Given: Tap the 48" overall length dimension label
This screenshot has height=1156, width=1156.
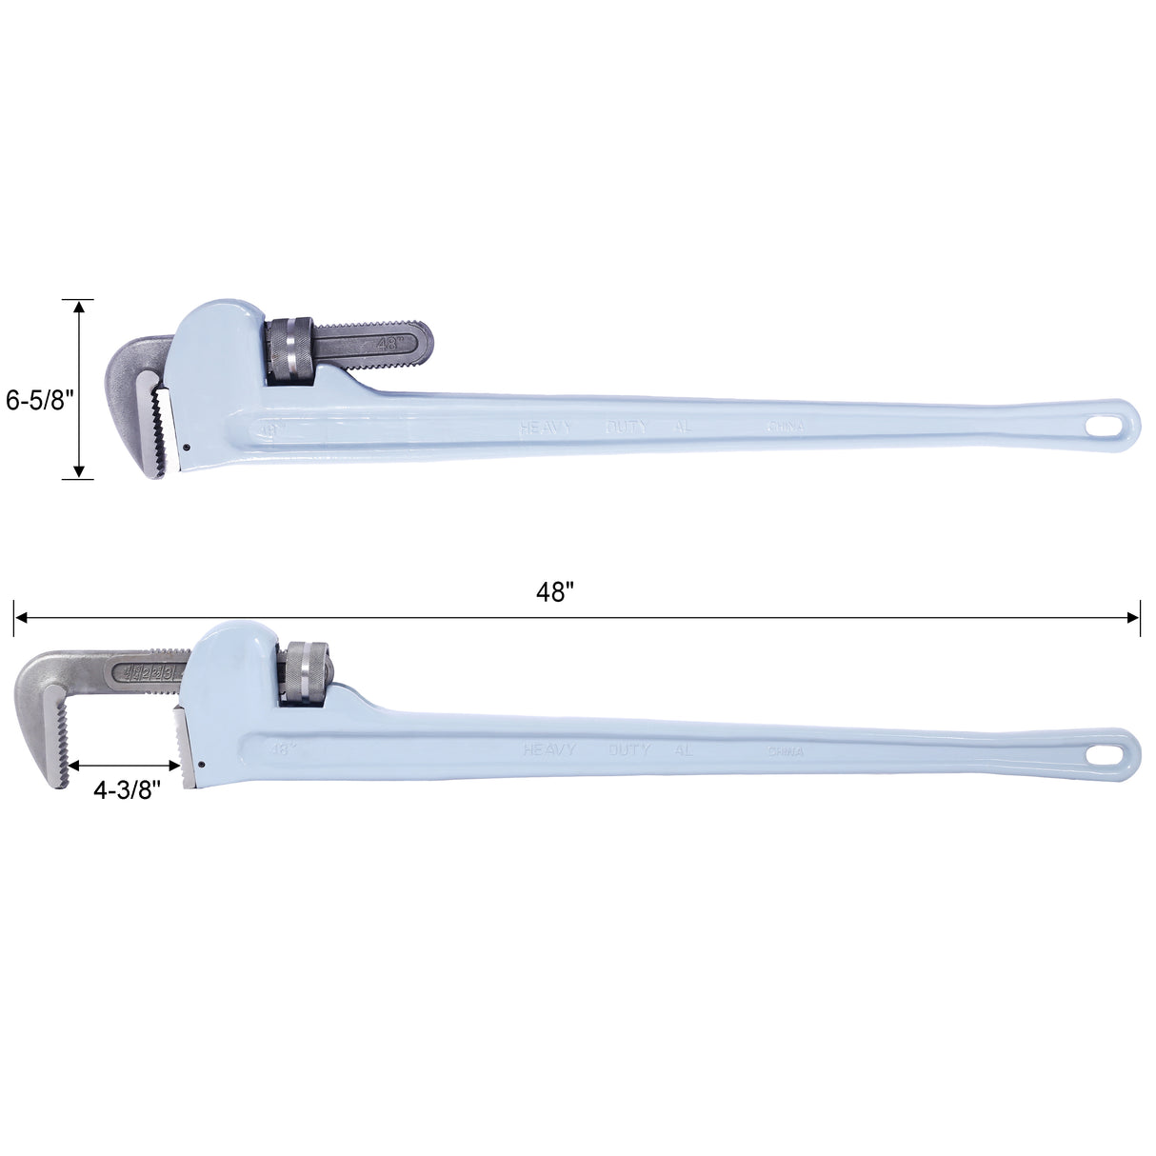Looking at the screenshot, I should [x=555, y=592].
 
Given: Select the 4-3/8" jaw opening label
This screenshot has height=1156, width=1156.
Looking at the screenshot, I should [x=127, y=789].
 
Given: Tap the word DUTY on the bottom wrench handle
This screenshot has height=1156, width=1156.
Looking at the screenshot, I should [x=629, y=750].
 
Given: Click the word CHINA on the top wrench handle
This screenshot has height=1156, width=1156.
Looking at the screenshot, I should [x=786, y=427].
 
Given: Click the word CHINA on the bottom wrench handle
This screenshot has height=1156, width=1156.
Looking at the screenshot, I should [x=786, y=751].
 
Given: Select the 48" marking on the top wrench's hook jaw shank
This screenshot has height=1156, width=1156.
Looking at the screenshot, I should [x=390, y=343].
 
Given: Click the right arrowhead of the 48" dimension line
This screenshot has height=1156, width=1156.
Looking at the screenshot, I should [x=1134, y=617].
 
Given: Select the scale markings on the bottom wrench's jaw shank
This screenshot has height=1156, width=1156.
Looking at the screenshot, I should [x=148, y=673].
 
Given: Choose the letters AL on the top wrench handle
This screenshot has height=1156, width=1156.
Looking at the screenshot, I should [x=682, y=428].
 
